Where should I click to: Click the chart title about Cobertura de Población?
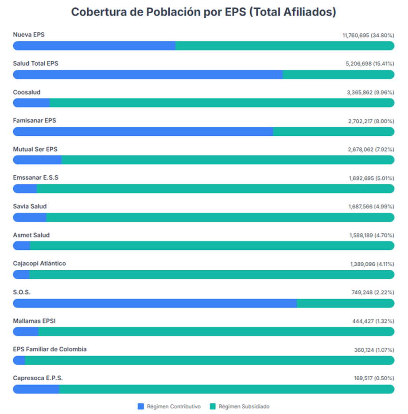pos(203,12)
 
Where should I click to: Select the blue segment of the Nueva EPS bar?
pos(94,46)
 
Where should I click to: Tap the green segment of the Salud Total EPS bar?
pos(338,75)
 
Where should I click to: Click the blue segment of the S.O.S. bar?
pos(155,303)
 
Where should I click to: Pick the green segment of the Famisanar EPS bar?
pos(334,131)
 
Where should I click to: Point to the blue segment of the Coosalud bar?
pos(31,103)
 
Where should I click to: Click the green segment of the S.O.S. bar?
pos(346,303)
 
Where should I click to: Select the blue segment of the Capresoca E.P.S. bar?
pos(36,389)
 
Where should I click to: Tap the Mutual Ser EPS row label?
pos(35,149)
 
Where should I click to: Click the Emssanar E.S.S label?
pos(35,177)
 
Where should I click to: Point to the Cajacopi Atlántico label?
pos(39,264)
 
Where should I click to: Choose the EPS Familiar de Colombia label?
pos(50,349)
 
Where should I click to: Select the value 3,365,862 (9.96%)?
pos(370,92)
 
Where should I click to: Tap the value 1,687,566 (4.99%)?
pos(371,207)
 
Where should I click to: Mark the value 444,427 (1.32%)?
pos(373,321)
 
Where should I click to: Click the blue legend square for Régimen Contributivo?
pos(141,406)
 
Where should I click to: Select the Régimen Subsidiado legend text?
pos(244,406)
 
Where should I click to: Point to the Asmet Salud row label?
pos(31,235)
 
